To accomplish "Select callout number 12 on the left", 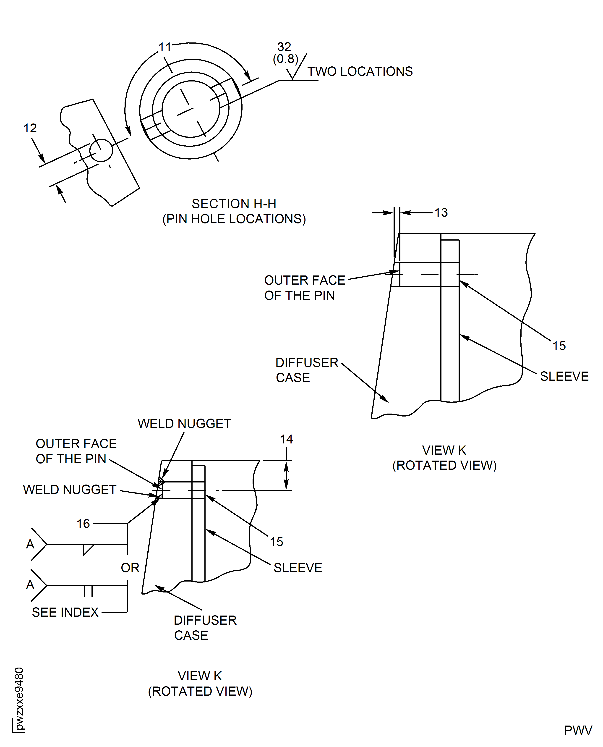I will coord(30,128).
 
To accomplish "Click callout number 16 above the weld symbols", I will coord(83,523).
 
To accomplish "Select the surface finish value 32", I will coord(284,47).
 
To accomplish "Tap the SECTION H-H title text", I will coord(234,204).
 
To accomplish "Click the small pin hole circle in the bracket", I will coord(101,150).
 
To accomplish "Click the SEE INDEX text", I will coord(65,612).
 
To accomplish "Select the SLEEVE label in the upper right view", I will coord(564,376).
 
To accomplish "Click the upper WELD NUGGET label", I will coord(184,424).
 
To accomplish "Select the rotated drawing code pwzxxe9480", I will coord(19,698).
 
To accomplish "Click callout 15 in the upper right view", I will coord(559,346).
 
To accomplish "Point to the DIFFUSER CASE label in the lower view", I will coord(205,627).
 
